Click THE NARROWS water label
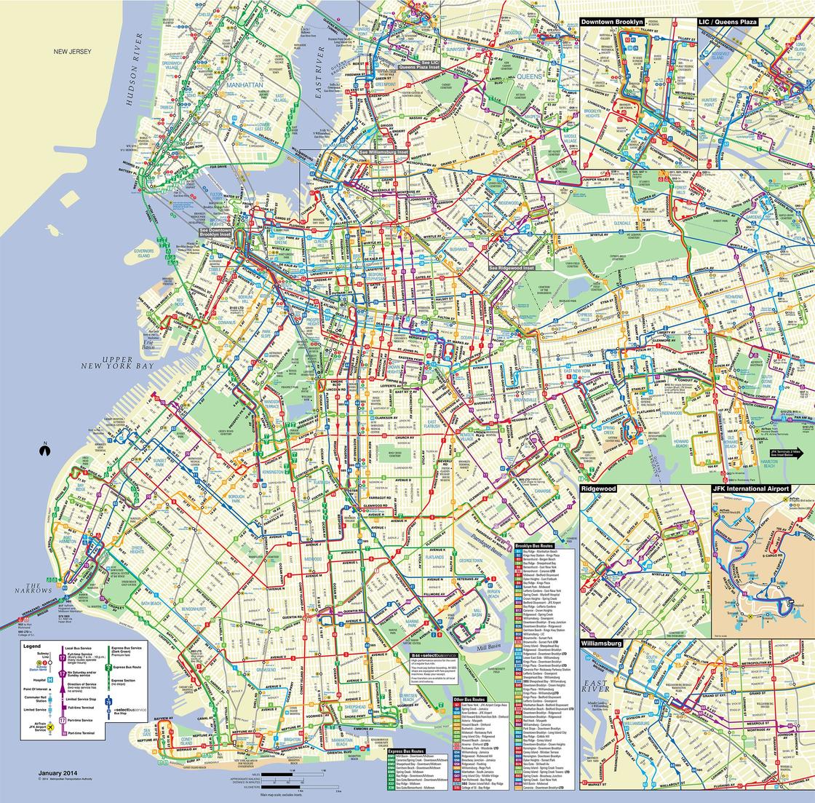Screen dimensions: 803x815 33,588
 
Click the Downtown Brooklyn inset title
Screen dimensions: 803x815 613,23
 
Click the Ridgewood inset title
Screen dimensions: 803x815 599,488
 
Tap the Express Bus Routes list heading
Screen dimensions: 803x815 406,750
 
